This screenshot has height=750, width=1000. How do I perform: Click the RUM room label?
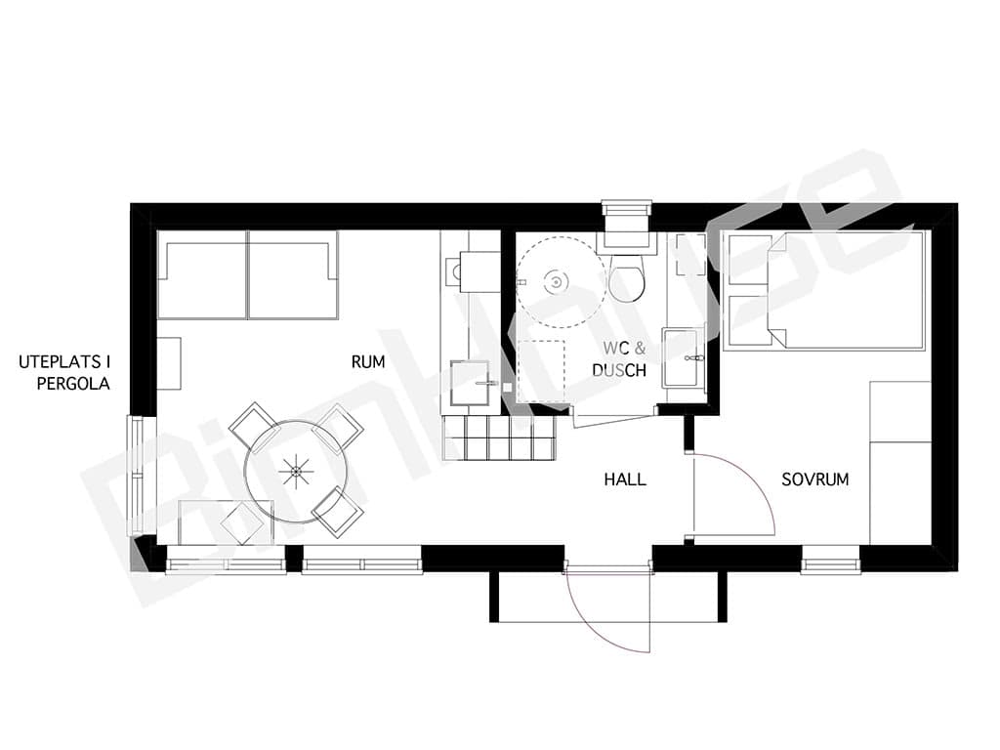(368, 361)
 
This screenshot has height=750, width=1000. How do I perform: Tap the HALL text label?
(625, 479)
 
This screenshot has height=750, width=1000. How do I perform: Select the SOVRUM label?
(815, 479)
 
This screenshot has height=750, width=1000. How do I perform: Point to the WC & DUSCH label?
(619, 359)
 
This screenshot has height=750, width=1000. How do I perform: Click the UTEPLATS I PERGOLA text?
(64, 373)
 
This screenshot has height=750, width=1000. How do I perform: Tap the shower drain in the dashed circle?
(557, 281)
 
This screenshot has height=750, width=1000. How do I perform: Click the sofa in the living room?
(247, 274)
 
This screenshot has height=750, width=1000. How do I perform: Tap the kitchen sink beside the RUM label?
(471, 383)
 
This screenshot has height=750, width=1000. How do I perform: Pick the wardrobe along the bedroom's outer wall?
(900, 463)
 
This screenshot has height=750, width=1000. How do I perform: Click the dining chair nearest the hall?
(339, 512)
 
